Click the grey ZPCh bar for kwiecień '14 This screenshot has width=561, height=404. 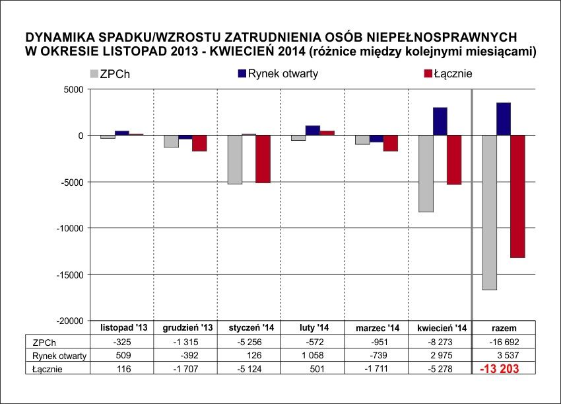click(x=426, y=173)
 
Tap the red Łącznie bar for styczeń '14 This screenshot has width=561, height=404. click(x=263, y=159)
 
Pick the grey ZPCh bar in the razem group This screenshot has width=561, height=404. click(x=489, y=212)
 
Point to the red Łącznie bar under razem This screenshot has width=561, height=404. click(x=518, y=196)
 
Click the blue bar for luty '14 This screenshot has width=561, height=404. click(x=313, y=130)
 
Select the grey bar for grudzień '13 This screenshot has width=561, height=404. click(x=172, y=141)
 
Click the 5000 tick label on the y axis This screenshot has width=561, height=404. click(x=74, y=89)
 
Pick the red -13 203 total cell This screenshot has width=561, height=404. click(x=504, y=368)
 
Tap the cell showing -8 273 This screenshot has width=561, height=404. click(x=442, y=342)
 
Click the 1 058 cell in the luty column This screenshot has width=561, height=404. click(x=313, y=356)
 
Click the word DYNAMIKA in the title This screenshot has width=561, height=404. click(x=55, y=36)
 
